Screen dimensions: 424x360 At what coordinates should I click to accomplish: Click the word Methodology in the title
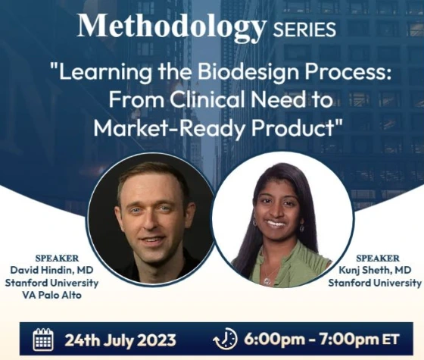tap(172, 27)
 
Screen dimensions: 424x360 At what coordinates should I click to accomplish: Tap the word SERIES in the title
tap(304, 30)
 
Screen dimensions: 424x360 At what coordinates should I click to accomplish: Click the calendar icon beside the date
tap(43, 339)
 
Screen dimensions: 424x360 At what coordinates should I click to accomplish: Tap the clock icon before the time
tap(225, 339)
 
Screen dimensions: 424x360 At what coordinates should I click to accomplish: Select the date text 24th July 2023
tap(120, 340)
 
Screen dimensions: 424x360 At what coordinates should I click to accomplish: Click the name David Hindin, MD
tap(51, 270)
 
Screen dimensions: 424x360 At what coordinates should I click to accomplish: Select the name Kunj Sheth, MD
tap(375, 270)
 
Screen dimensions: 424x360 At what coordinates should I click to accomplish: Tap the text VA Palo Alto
tap(51, 295)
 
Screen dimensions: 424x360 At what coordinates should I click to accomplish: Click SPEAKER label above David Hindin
tap(57, 258)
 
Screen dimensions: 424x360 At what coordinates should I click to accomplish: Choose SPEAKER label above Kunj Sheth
tap(378, 258)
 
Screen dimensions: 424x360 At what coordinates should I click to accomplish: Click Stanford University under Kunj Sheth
tap(375, 283)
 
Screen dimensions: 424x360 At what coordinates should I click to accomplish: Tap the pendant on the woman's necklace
tap(267, 281)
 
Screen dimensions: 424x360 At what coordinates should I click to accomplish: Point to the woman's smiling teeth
tap(276, 224)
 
